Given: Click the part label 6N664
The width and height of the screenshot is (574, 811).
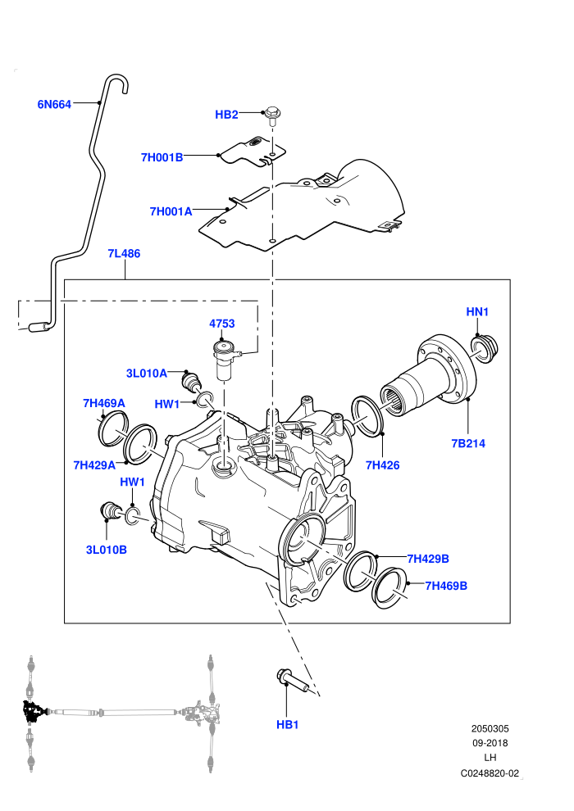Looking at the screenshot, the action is tap(54, 105).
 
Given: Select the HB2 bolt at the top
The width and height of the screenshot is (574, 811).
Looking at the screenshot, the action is tap(271, 116).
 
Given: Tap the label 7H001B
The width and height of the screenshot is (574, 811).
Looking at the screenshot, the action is tap(162, 157).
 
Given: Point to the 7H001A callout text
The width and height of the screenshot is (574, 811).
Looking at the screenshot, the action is tap(171, 211).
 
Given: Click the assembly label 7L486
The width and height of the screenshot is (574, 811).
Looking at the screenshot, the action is tap(124, 253).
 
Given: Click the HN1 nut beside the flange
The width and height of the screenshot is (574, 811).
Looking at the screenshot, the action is tap(484, 348).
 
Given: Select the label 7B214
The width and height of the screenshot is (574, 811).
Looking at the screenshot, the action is tap(468, 443).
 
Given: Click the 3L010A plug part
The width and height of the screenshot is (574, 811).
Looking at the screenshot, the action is tap(192, 381).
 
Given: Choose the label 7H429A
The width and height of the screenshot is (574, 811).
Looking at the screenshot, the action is tap(95, 465).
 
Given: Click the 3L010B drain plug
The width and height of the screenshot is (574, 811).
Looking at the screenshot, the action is tap(109, 511).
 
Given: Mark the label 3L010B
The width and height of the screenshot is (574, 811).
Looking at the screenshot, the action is tap(107, 550).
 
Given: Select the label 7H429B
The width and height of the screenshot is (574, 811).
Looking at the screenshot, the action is tap(428, 559).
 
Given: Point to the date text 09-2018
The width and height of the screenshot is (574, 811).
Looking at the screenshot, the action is tap(490, 743).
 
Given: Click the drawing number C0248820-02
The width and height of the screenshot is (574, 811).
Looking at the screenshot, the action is tap(490, 773).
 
